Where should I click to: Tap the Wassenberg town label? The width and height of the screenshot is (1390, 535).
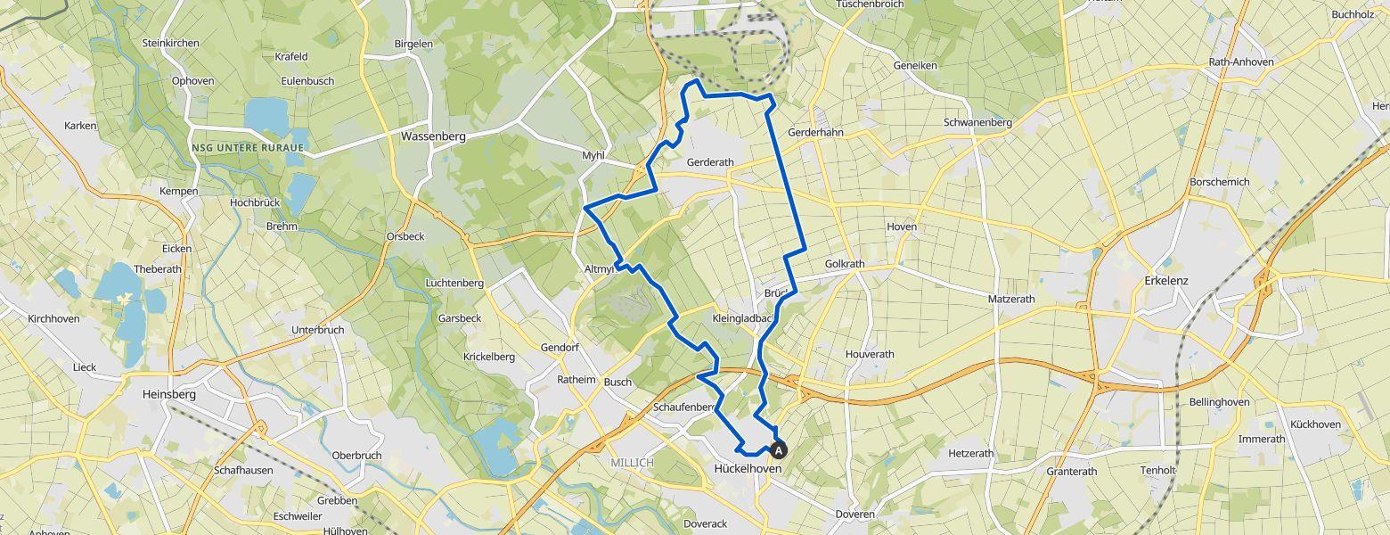point(433,136)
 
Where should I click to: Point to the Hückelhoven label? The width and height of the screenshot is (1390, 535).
point(748,469)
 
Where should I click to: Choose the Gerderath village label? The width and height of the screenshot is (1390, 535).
point(710,162)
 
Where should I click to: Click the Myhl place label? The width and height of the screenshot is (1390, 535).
point(593,155)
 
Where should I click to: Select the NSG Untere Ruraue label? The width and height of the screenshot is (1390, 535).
point(247,147)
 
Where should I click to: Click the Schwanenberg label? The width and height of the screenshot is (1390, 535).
point(979,122)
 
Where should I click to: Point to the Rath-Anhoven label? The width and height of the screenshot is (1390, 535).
point(1241,62)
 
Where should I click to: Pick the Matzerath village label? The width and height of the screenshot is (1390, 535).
point(1011,299)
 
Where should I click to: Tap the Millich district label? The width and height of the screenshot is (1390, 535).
point(632,463)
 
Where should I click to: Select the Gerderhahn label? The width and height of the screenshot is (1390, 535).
point(815,133)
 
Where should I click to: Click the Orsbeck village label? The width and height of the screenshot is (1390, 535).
point(405,236)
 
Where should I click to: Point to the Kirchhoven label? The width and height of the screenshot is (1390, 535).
point(53,318)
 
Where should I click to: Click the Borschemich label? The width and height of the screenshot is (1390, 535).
point(1220,182)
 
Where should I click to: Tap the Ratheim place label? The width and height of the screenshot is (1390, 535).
point(576,379)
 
